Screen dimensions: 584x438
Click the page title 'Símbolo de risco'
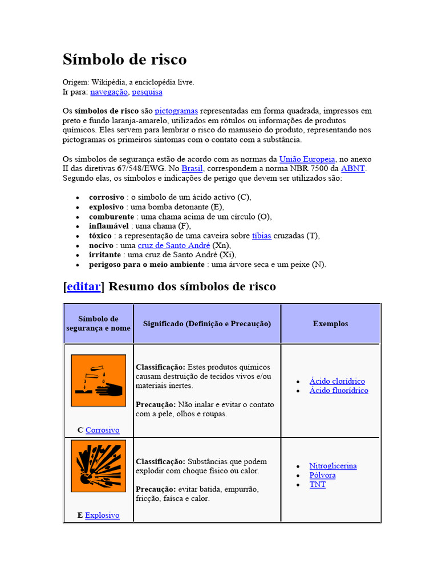(124, 59)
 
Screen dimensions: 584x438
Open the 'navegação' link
(109, 92)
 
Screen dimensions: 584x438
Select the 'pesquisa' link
(147, 92)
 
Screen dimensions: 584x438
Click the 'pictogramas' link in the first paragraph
(176, 111)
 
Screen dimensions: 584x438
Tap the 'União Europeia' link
(307, 159)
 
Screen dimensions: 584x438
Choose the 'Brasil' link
(192, 169)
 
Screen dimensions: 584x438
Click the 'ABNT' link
(353, 169)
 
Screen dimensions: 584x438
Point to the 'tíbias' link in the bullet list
(261, 236)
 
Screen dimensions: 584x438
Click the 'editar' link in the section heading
(84, 286)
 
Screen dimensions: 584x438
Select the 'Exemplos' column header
(330, 323)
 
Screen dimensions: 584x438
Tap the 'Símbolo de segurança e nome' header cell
(98, 323)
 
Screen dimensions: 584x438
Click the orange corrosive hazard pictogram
(98, 380)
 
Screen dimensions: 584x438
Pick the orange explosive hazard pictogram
(98, 466)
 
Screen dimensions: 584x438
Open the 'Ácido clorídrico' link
(337, 381)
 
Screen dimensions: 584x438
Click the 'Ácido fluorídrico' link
(339, 391)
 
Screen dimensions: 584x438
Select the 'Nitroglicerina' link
(333, 466)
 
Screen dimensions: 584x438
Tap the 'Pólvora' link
(322, 475)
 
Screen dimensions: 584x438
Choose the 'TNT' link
(318, 485)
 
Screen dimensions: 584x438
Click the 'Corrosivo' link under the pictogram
(103, 430)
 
